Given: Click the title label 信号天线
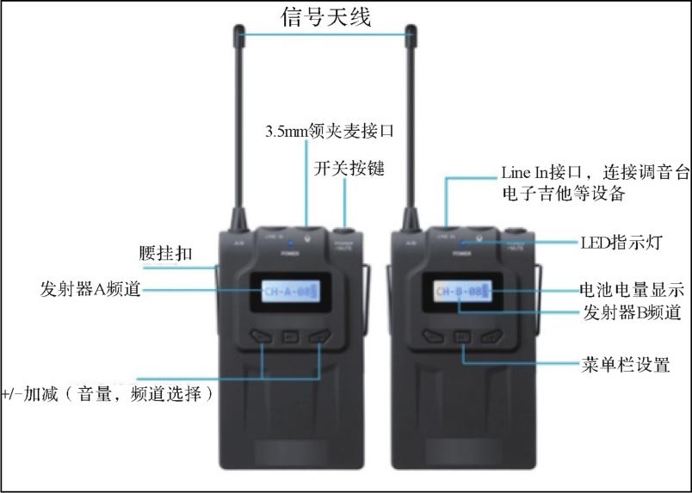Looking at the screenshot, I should (327, 16).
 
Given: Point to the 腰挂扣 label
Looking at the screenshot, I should (166, 255).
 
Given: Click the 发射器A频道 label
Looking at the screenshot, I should (90, 287).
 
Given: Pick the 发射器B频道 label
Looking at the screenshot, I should (632, 312).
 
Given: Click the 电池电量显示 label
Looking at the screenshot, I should (632, 289).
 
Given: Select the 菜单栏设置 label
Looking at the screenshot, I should (625, 365).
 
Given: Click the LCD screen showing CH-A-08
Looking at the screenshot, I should (291, 292).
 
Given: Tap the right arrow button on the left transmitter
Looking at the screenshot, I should (319, 336).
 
